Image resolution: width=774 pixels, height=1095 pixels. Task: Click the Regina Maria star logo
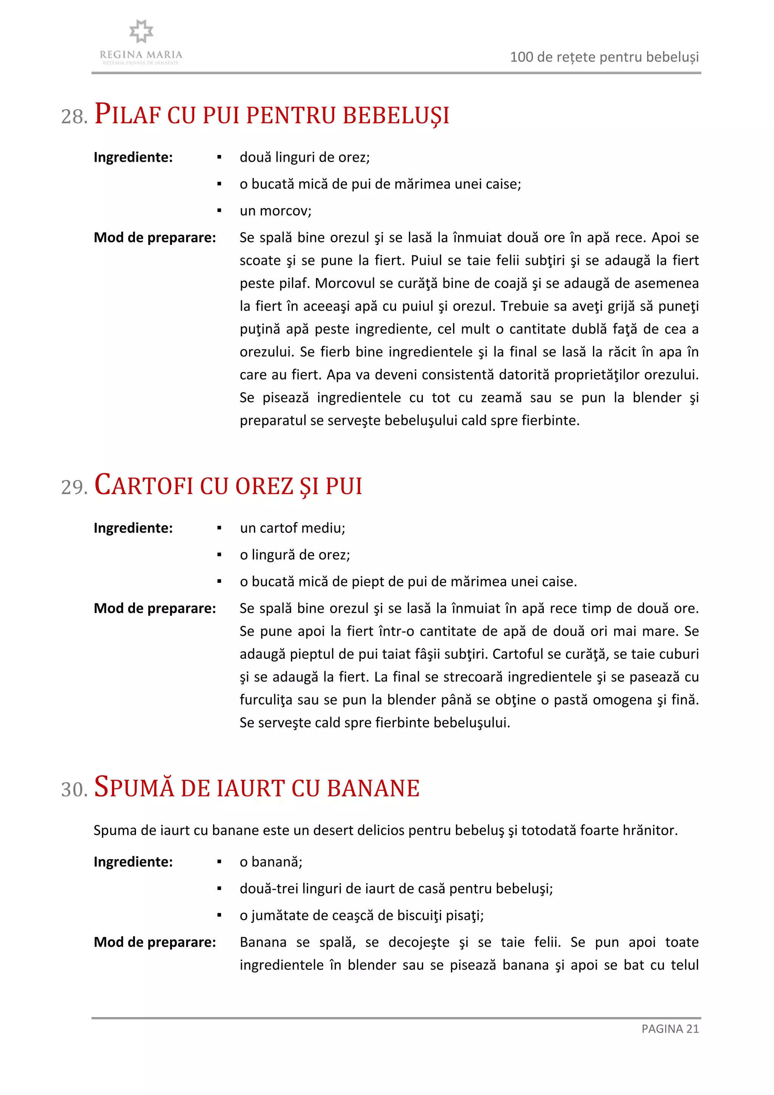[141, 31]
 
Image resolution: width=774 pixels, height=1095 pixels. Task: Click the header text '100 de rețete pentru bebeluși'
[604, 57]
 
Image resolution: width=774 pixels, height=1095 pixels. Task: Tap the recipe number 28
[74, 116]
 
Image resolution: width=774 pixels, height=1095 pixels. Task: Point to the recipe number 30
[74, 789]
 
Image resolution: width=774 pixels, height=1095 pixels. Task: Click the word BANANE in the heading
[373, 788]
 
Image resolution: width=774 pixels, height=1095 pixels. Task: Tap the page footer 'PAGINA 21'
[670, 1029]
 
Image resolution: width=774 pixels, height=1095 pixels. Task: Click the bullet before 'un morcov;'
[219, 211]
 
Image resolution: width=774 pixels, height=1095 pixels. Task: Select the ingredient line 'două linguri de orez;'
[304, 157]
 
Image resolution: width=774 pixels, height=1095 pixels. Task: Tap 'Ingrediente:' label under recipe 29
[133, 528]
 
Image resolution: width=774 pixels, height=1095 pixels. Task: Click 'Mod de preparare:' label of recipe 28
[155, 237]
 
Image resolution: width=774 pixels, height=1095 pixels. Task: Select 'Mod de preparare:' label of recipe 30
[155, 942]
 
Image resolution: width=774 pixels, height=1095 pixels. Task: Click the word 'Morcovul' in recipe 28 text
[345, 283]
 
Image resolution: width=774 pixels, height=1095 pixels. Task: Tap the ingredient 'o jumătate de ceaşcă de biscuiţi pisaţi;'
[361, 915]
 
